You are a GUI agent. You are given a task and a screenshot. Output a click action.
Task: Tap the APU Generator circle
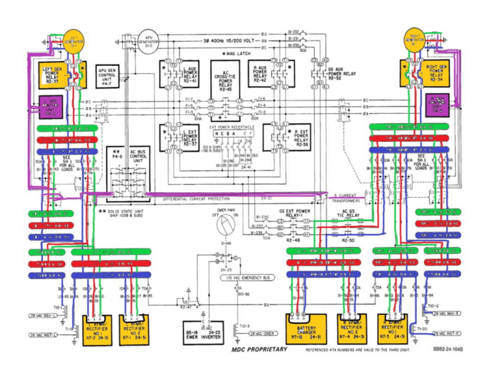148,41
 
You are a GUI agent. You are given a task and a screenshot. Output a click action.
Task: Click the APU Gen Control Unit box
108,75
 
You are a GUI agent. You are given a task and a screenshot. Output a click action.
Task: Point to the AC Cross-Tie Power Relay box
225,78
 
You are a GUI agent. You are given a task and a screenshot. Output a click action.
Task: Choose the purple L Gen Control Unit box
56,108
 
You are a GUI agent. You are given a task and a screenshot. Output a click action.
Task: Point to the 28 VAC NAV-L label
43,316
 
